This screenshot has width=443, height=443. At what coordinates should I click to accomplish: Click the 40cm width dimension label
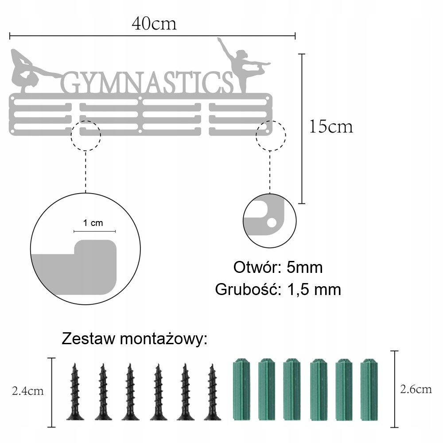154,23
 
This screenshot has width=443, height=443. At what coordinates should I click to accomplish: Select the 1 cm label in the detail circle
93,223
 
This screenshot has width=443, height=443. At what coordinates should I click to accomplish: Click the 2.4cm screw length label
27,391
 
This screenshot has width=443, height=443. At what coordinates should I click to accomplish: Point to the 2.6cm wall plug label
416,389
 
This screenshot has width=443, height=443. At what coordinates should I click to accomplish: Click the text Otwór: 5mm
278,268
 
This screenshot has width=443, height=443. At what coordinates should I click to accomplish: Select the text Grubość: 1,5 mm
278,290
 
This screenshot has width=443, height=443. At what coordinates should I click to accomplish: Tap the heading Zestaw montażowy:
135,339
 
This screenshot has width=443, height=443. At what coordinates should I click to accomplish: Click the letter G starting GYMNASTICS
70,83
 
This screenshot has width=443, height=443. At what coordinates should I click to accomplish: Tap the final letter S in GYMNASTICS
224,83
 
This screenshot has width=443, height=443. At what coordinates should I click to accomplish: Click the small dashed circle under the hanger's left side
86,134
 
